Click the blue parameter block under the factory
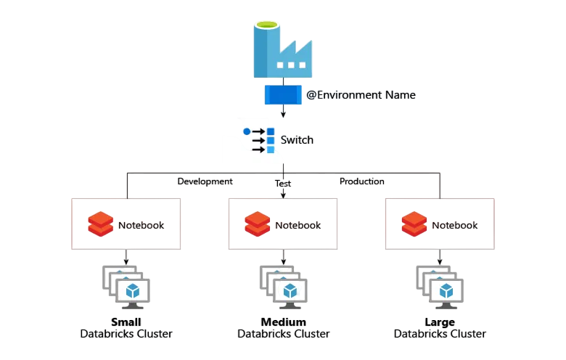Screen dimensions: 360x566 coord(282,94)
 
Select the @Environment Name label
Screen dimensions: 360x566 coord(361,94)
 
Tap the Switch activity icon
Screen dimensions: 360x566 coord(259,140)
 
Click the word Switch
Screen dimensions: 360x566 coord(297,140)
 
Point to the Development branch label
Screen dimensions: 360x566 coord(205,181)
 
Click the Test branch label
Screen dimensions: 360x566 coord(283,184)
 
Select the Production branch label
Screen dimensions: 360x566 coord(362,181)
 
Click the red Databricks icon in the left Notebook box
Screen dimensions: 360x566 coord(101,225)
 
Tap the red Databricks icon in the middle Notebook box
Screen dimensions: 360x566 coord(258,225)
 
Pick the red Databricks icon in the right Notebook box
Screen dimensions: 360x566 coord(414,225)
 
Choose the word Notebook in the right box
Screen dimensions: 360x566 coord(455,225)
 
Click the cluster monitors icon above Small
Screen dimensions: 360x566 coord(126,285)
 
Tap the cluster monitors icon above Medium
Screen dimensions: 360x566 coord(283,285)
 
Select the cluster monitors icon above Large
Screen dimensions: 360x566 coord(440,285)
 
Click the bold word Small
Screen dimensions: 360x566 coord(126,322)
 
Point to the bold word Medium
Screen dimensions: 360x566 coord(283,322)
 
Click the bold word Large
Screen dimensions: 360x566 coord(440,322)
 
